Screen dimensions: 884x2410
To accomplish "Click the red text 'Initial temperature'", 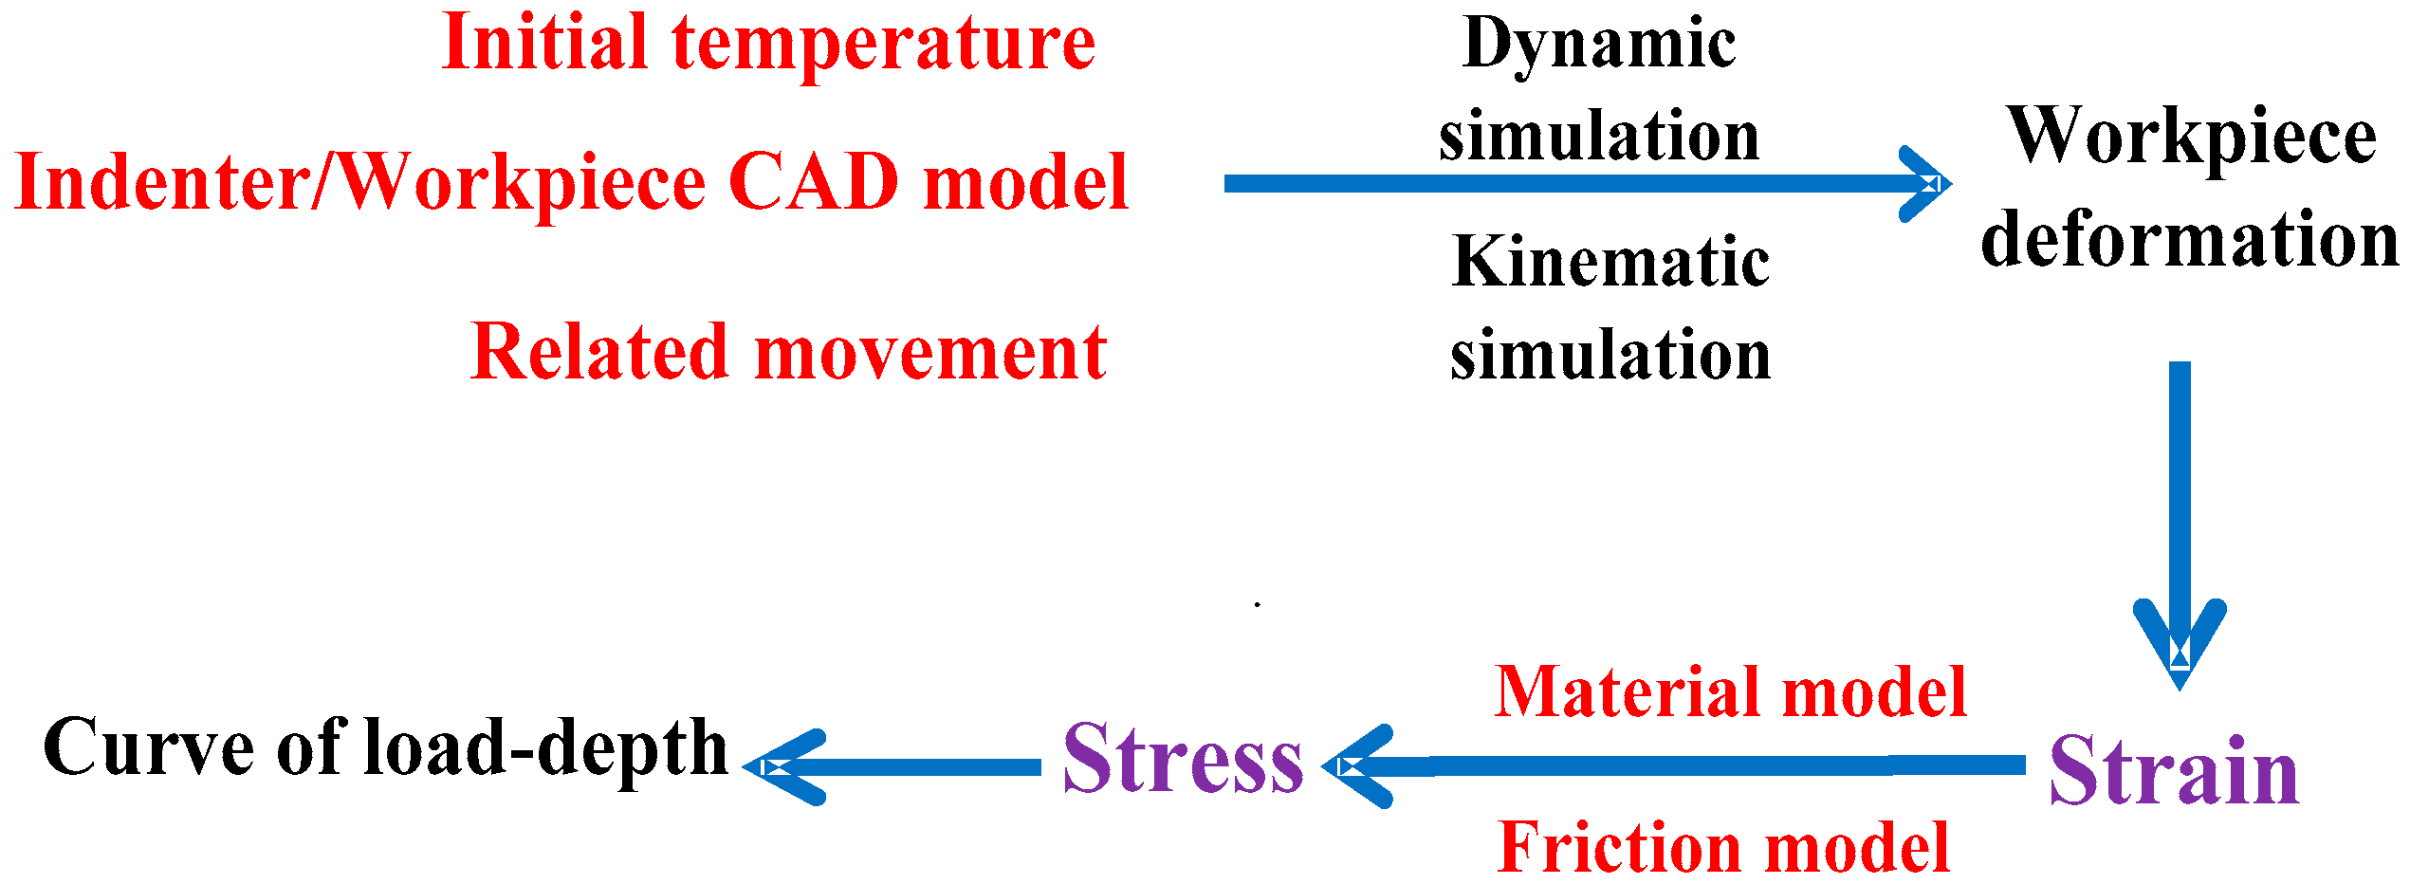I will pyautogui.click(x=768, y=44).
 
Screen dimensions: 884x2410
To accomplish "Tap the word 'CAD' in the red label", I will pyautogui.click(x=814, y=181).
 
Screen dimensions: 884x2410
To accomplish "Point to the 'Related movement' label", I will pyautogui.click(x=788, y=352).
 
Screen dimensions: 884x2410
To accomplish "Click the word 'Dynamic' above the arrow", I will pyautogui.click(x=1599, y=45).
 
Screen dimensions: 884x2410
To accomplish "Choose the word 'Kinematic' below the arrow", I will pyautogui.click(x=1610, y=262).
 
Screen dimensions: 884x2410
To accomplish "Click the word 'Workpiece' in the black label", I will pyautogui.click(x=2192, y=138).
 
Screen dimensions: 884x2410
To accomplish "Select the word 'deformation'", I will pyautogui.click(x=2189, y=239).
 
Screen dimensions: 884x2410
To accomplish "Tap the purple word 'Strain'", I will pyautogui.click(x=2174, y=770).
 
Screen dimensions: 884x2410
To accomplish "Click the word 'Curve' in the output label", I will pyautogui.click(x=149, y=747).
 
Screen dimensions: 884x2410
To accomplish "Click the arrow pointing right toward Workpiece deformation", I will pyautogui.click(x=1584, y=184).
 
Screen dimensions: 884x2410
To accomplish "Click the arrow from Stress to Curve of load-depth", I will pyautogui.click(x=892, y=766).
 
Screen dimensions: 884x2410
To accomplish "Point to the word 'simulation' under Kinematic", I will pyautogui.click(x=1610, y=356).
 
